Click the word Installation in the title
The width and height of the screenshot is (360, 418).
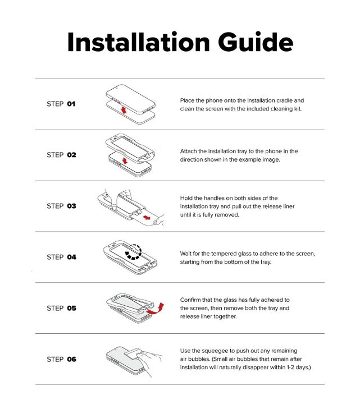click(x=139, y=42)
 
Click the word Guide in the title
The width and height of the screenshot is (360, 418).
click(x=256, y=42)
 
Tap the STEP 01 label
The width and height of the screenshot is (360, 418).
click(x=61, y=104)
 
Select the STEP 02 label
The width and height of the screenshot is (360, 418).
click(x=61, y=155)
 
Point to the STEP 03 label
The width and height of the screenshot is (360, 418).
click(x=61, y=206)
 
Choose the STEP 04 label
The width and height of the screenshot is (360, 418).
click(x=61, y=257)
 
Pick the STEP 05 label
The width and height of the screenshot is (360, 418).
click(x=61, y=309)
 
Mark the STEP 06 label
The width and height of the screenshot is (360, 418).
click(x=61, y=360)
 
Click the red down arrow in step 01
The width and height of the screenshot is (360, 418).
click(x=124, y=109)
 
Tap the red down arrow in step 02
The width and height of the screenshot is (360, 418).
click(x=125, y=160)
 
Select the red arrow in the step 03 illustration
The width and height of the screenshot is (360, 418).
click(x=147, y=218)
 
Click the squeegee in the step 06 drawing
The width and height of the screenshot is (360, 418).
click(x=134, y=353)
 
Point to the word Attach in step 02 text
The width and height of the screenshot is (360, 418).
click(x=188, y=151)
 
